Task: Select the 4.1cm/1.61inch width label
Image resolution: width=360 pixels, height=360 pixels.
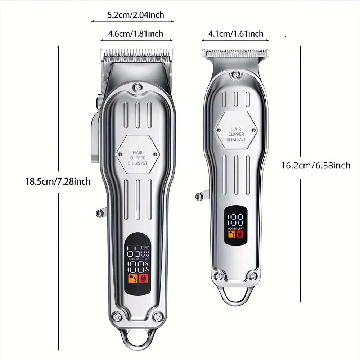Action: (236, 34)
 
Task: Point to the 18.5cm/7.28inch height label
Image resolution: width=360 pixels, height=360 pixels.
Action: (58, 181)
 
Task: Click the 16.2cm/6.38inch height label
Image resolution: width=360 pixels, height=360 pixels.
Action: (315, 165)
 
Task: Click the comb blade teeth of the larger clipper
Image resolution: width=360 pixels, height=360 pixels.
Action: (137, 55)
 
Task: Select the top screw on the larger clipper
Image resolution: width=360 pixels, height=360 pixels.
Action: (137, 87)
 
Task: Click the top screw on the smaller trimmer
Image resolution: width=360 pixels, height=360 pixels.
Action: (236, 75)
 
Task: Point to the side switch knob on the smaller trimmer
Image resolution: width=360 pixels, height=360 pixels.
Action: (199, 196)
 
